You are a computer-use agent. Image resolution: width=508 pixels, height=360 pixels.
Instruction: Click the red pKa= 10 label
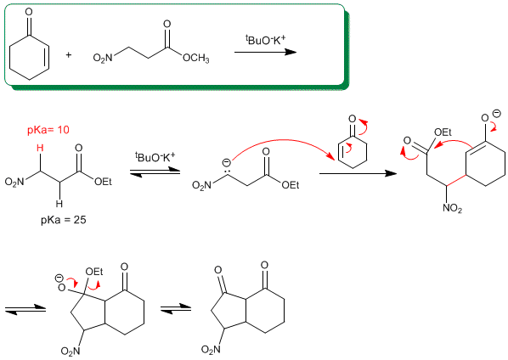(48, 130)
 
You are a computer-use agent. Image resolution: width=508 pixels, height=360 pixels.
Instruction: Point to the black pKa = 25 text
(64, 220)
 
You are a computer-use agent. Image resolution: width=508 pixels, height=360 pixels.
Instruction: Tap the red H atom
(40, 148)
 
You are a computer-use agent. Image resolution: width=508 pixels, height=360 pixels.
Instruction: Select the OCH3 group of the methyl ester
(196, 59)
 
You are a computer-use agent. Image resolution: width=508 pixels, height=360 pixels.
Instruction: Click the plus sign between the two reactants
(68, 55)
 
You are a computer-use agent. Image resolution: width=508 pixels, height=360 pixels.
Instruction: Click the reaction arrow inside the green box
(265, 52)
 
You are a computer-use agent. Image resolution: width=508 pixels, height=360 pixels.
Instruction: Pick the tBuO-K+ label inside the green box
(265, 41)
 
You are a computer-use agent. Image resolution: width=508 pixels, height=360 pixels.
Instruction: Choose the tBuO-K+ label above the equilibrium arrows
(155, 157)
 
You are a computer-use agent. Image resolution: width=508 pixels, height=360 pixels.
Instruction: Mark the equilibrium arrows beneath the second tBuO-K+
(155, 172)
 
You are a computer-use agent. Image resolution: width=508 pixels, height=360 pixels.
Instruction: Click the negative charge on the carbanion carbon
(227, 162)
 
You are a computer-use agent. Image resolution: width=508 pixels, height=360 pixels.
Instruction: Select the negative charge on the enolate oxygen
(496, 114)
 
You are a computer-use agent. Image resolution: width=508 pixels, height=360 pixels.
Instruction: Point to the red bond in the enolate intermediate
(456, 181)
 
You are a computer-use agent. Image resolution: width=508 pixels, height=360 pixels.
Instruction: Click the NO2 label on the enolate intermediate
(452, 208)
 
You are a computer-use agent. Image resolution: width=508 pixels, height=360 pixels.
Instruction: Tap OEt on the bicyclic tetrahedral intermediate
(94, 272)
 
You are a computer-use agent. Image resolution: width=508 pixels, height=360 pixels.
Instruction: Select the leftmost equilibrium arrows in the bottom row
(25, 309)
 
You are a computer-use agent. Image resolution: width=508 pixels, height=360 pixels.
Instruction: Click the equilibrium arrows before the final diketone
(176, 308)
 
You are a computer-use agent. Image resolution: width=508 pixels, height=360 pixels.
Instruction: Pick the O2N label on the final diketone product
(211, 349)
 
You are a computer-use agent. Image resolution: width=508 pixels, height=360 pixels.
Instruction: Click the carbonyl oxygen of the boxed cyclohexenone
(29, 12)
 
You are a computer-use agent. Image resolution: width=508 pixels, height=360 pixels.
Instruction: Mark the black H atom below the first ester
(59, 204)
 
